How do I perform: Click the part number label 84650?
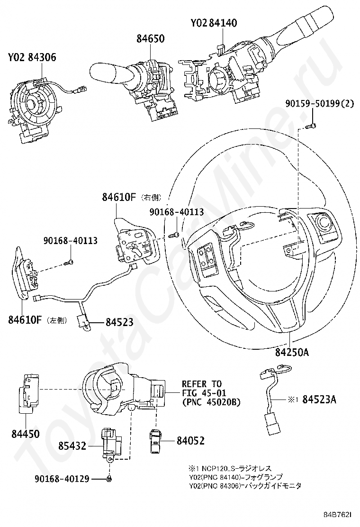(x=151, y=38)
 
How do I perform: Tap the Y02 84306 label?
(x=32, y=57)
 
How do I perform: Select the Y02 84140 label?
(x=214, y=23)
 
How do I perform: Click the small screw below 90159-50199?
(x=311, y=126)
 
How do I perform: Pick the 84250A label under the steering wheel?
(x=292, y=352)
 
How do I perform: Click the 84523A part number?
(x=319, y=399)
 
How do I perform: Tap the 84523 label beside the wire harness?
(x=119, y=322)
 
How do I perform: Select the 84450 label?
(x=26, y=434)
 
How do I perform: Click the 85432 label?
(x=72, y=446)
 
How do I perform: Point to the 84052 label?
(x=190, y=440)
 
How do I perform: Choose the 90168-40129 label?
(x=62, y=478)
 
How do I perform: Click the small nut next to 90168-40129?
(x=109, y=478)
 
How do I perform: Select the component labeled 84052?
(x=155, y=440)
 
